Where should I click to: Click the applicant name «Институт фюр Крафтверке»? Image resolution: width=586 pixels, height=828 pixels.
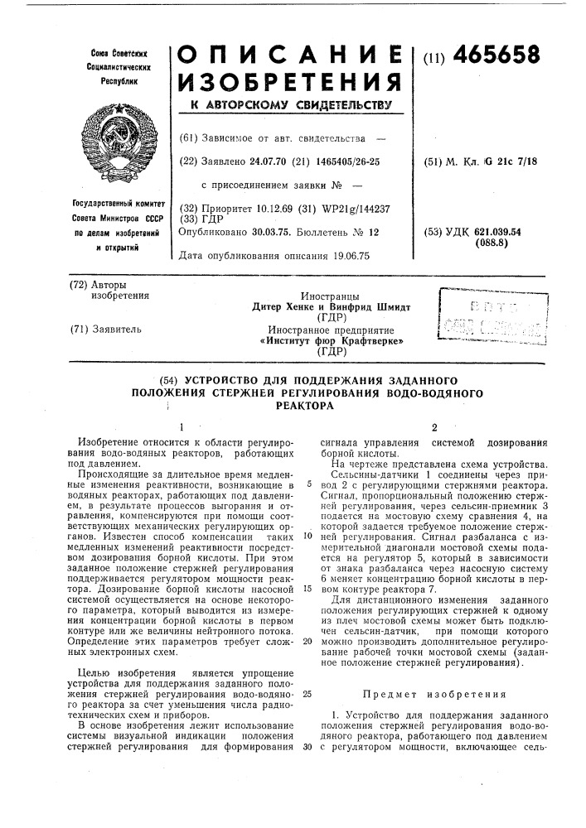coord(319,339)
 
